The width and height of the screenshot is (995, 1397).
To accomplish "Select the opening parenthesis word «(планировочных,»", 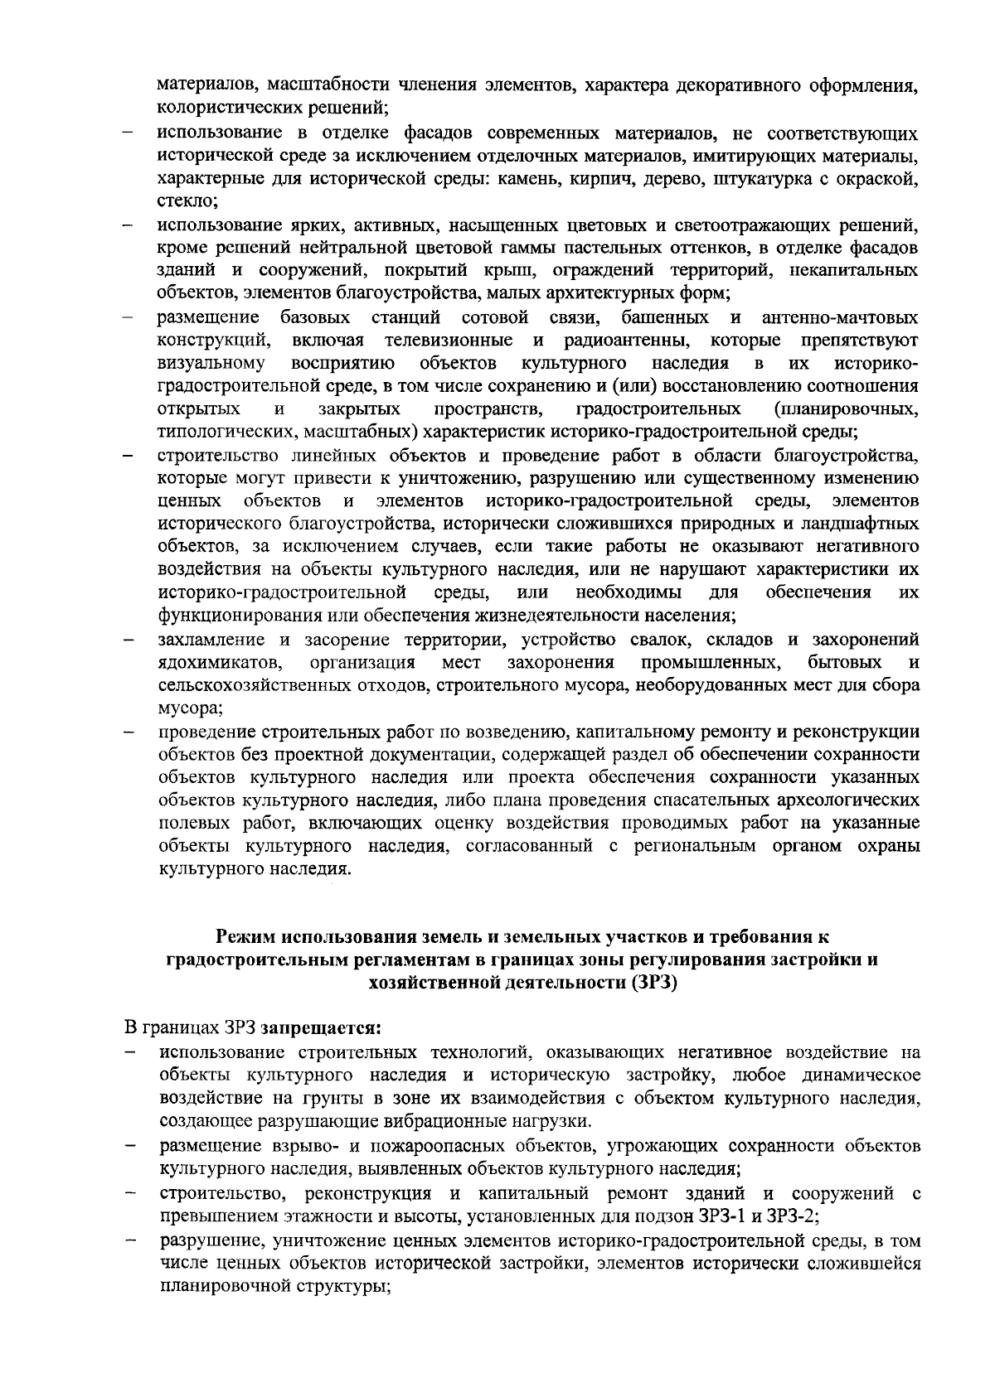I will coord(844,408).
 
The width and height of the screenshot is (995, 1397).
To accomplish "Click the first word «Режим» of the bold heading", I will coord(247,937).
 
